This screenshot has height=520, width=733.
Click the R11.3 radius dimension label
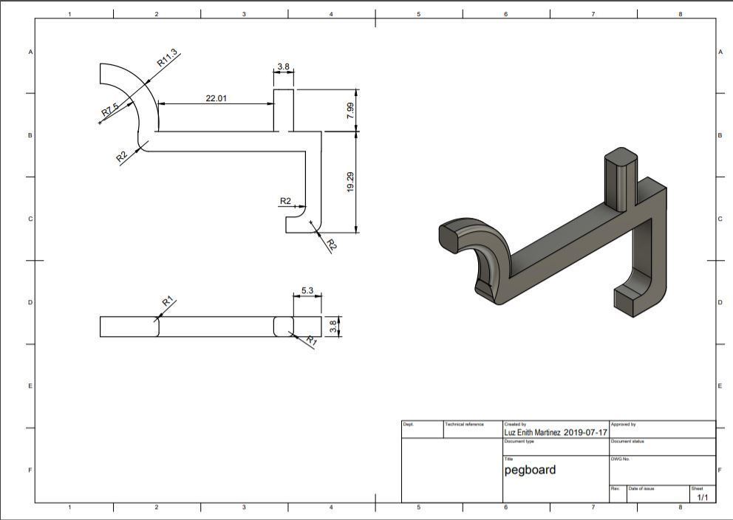tap(168, 58)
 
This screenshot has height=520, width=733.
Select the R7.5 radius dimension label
tap(110, 111)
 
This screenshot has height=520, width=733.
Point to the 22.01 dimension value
tap(216, 97)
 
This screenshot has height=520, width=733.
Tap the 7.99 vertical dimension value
tap(350, 111)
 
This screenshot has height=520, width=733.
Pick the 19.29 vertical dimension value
tap(350, 182)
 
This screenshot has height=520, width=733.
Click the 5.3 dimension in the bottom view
tap(308, 290)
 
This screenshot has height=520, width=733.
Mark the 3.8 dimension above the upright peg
tap(284, 66)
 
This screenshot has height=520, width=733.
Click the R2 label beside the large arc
tap(122, 157)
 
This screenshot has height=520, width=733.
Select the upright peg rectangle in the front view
tap(284, 109)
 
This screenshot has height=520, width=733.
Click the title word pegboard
tap(530, 470)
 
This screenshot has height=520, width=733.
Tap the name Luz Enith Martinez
tap(532, 433)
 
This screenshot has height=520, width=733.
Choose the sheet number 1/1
tap(702, 498)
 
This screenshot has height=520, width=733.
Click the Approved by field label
tap(623, 425)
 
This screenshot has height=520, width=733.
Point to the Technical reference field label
tap(464, 425)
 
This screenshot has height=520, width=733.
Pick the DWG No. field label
tap(619, 459)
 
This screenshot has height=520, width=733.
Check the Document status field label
tap(628, 442)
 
